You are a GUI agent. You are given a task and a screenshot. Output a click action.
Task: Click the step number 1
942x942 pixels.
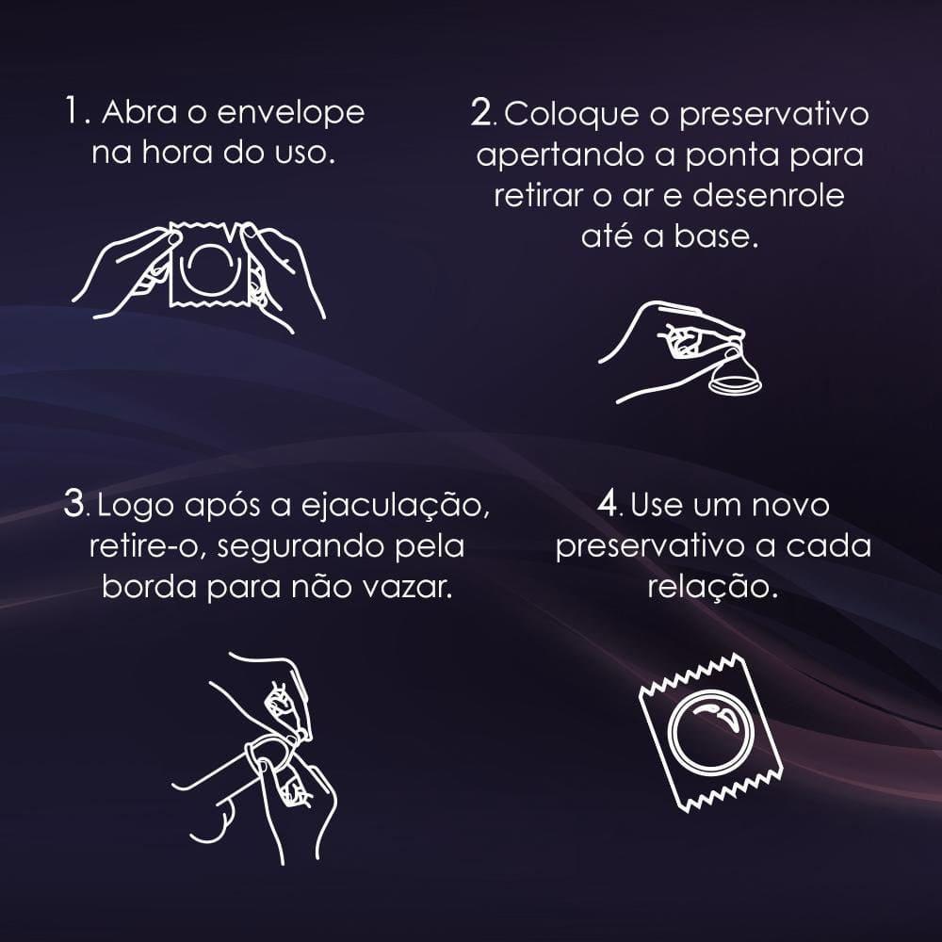click(73, 111)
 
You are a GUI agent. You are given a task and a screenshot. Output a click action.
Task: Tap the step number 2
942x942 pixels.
click(481, 112)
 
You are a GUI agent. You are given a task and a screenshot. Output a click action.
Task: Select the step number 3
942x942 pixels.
click(74, 503)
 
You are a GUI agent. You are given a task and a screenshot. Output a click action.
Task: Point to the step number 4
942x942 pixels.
click(608, 503)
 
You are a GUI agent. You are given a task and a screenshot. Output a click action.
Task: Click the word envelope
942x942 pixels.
click(291, 114)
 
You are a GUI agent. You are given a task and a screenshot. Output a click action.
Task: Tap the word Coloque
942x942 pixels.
click(572, 115)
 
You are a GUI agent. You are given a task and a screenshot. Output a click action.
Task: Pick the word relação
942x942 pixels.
click(712, 588)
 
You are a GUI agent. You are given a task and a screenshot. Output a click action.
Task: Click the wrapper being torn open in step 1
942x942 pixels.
click(209, 265)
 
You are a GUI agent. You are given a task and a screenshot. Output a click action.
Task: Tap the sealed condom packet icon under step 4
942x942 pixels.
click(710, 732)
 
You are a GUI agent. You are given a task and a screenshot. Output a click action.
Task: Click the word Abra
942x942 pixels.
click(139, 112)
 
